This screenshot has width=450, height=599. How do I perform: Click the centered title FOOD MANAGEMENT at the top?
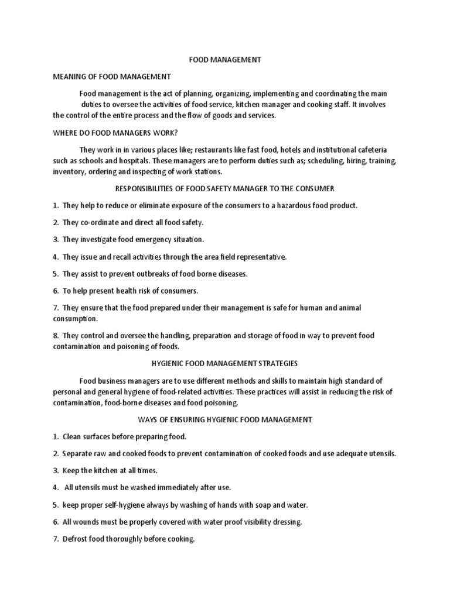[224, 60]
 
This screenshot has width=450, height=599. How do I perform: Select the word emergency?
[148, 239]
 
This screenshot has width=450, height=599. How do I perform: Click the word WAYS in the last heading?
[149, 419]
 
